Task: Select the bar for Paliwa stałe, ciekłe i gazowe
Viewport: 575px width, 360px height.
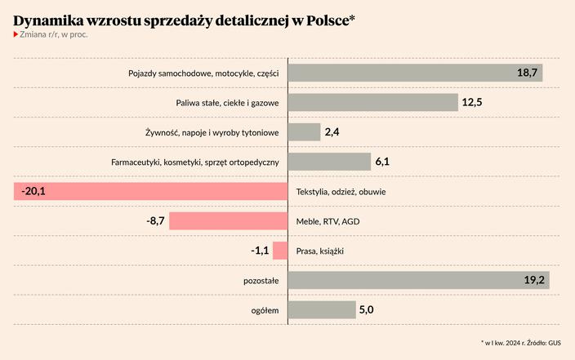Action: [x=372, y=102]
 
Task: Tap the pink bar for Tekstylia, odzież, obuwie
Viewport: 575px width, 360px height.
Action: [x=150, y=192]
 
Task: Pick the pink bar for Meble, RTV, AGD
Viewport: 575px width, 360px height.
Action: [x=229, y=221]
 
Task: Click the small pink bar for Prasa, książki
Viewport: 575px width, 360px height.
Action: [x=280, y=251]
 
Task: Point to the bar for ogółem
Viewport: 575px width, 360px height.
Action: [x=320, y=309]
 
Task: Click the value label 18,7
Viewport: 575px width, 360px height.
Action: [x=527, y=73]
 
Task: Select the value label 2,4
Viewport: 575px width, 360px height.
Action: [x=332, y=132]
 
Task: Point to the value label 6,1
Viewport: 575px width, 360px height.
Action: [x=382, y=162]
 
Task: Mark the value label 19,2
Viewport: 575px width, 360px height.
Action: [x=534, y=280]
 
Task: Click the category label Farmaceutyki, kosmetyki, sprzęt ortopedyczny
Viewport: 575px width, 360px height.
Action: [x=195, y=162]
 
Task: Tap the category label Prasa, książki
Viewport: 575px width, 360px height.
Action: [x=320, y=251]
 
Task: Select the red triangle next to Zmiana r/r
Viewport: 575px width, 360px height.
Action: [x=16, y=34]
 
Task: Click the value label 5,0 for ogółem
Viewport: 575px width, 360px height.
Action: [x=368, y=309]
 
